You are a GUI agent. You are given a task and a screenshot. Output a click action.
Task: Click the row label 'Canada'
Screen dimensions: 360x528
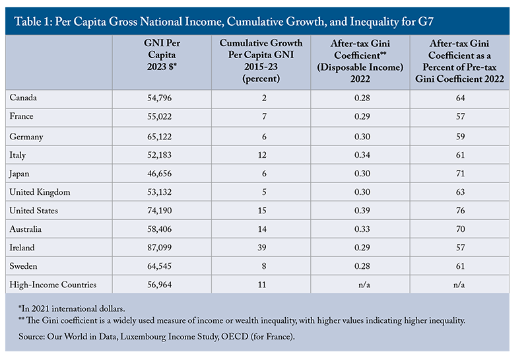pos(24,98)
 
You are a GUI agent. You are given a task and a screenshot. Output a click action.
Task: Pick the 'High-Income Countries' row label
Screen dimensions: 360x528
pos(53,285)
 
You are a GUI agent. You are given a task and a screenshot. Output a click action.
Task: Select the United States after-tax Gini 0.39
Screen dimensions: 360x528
pos(360,211)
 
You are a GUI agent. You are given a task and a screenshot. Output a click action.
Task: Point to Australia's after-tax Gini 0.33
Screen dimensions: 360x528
pos(360,229)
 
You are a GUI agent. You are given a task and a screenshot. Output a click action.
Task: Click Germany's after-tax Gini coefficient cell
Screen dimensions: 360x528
pos(360,136)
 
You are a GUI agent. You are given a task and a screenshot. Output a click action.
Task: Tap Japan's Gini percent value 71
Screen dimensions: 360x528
pos(461,174)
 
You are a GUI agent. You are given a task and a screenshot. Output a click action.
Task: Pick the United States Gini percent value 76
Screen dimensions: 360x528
pos(461,211)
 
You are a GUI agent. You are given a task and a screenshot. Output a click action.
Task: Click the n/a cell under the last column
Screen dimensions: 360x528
pos(461,285)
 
